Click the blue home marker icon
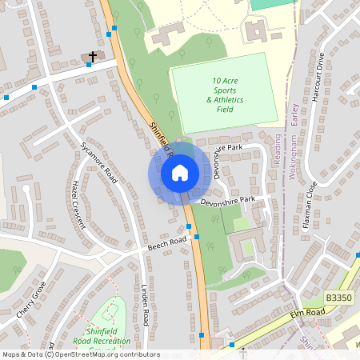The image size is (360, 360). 179,172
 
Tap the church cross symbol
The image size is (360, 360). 92,57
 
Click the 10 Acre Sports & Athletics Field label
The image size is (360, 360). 225,94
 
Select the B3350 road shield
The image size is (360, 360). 338,298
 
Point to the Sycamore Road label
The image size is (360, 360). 99,162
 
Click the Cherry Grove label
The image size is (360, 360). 31,300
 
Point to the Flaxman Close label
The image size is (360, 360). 310,206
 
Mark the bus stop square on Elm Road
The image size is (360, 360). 231,345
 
